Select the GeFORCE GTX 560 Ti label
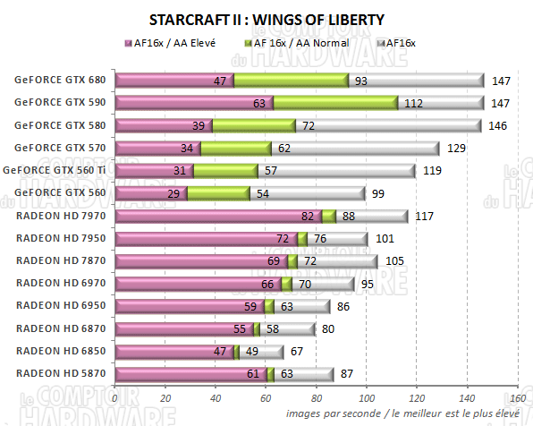59,169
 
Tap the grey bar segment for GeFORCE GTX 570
354,148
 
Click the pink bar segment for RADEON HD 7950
207,238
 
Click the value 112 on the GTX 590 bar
413,103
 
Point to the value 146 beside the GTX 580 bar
498,125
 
